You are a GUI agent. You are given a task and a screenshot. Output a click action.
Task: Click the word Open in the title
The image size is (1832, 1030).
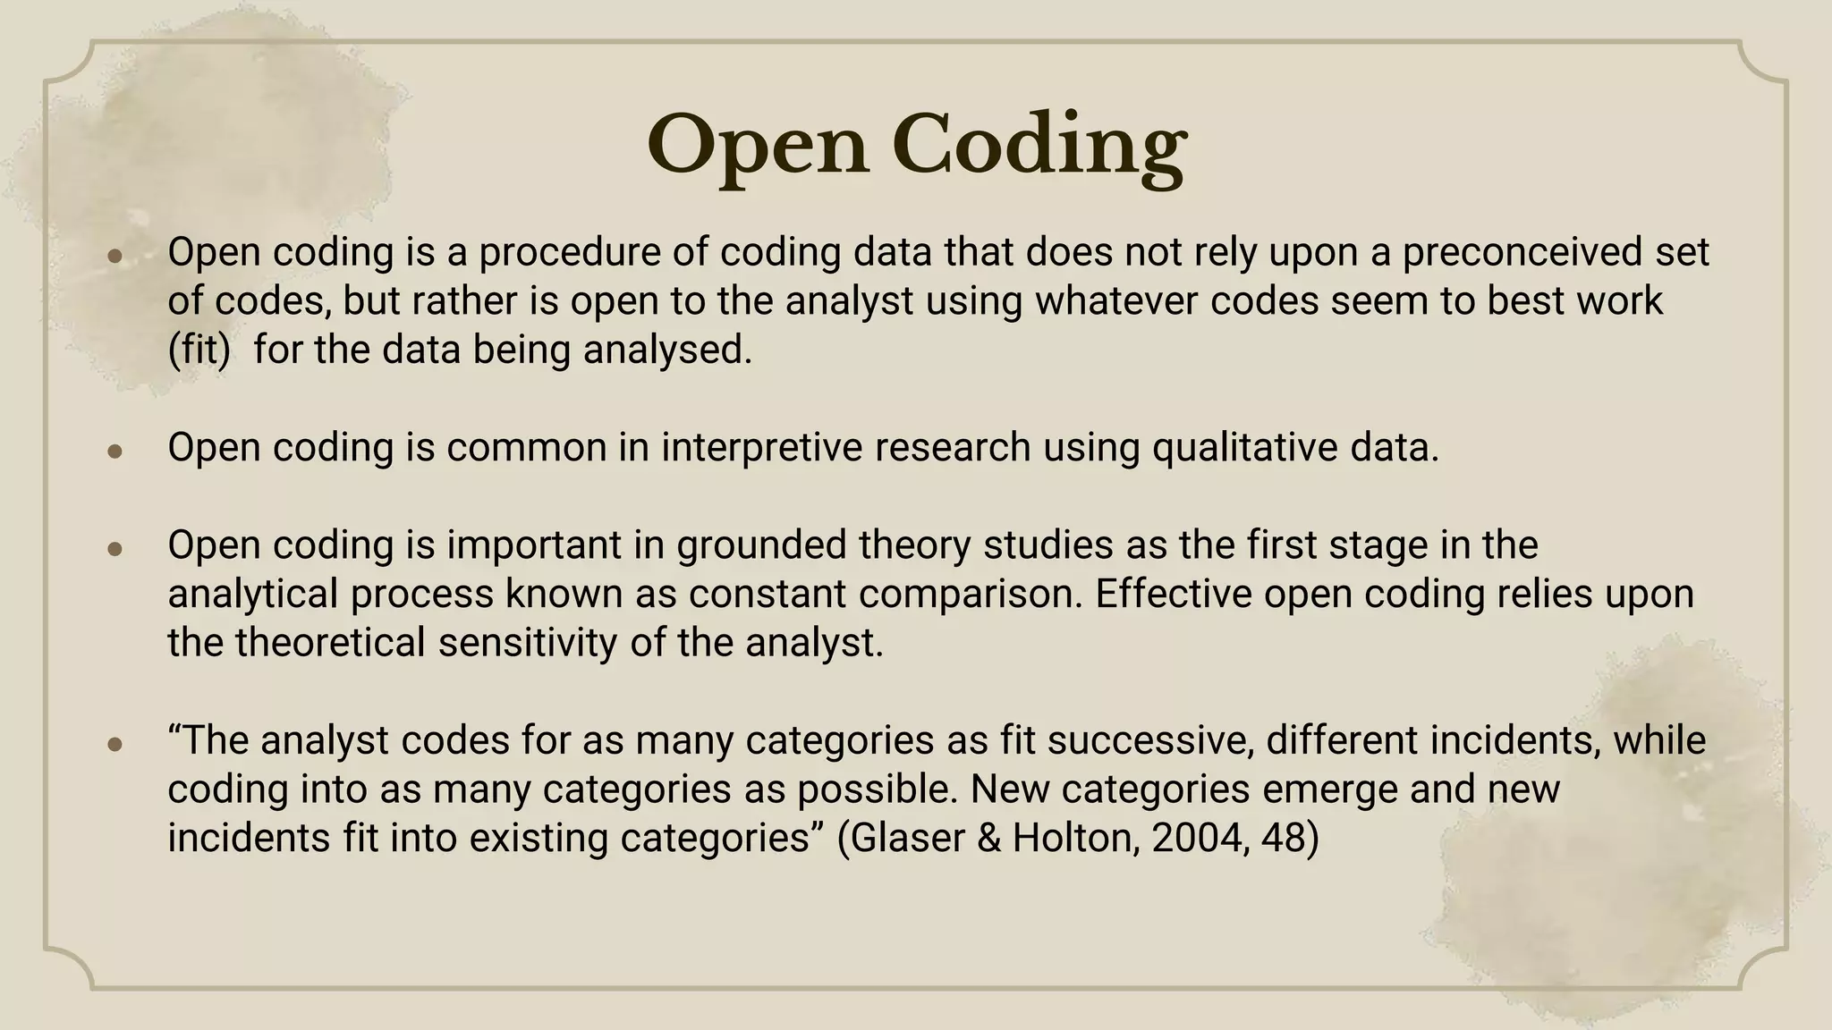coord(758,146)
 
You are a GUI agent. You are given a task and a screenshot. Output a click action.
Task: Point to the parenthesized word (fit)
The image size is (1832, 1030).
coord(199,349)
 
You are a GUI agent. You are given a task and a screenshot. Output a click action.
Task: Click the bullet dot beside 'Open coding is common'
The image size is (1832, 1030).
coord(114,451)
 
